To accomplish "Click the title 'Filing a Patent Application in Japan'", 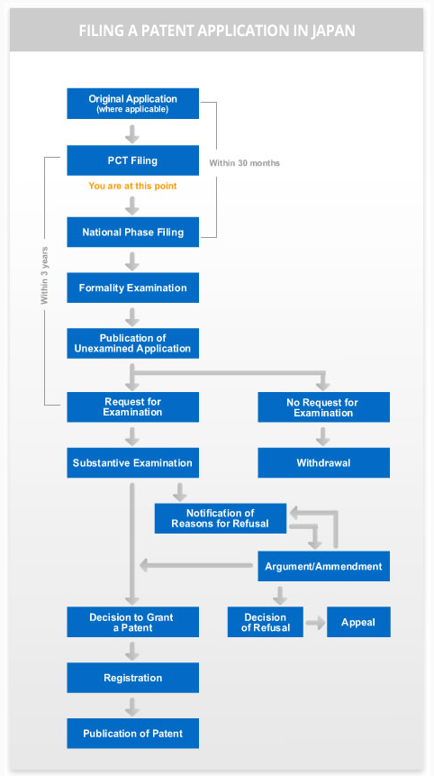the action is tap(216, 31).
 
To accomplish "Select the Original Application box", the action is tap(133, 104).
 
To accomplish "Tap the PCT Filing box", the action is tap(133, 160).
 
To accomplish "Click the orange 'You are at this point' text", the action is tap(132, 186).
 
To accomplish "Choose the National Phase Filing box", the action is tap(133, 233).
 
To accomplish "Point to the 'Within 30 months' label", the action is tap(244, 163).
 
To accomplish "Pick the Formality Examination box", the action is tap(133, 288).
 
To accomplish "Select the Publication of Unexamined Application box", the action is tap(133, 343).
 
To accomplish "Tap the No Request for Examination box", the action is tap(324, 407).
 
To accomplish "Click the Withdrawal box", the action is tap(324, 462).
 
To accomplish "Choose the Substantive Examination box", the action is tap(133, 462).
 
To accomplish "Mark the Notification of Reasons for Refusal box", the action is tap(221, 518).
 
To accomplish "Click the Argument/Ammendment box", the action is tap(324, 566).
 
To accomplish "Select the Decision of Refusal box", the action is tap(266, 622).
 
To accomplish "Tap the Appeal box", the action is tap(358, 622).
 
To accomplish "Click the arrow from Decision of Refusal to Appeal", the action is tap(315, 623).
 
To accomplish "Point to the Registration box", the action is tap(133, 678).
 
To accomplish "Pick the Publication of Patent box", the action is tap(133, 733).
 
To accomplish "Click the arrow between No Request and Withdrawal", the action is tap(323, 436).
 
